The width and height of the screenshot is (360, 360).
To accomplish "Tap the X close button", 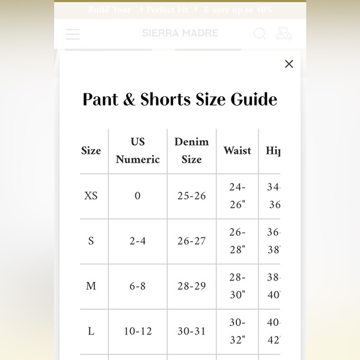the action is coord(289,64).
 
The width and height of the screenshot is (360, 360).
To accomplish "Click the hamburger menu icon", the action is coord(73,34).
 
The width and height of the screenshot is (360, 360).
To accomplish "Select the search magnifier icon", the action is coord(260,34).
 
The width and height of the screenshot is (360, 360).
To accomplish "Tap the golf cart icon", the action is coord(284,33).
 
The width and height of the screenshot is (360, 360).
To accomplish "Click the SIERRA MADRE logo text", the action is coord(180,33).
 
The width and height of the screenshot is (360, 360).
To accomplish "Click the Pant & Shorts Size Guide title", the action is coord(180,99).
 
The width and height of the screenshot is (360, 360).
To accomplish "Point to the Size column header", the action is coord(91,151).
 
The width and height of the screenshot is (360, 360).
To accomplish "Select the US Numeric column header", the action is coord(138,151).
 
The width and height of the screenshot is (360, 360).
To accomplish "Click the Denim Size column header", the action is coord(191,151).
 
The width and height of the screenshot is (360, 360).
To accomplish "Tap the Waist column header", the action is coord(237,151).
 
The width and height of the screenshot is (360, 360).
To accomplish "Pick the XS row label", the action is coord(91,196).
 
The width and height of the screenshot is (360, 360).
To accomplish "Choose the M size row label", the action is coord(91,286).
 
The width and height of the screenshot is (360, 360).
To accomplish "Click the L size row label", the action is coord(91,331).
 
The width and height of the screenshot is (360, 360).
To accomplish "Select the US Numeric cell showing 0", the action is coord(138,196).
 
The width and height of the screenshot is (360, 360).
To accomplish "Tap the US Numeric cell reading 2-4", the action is coord(138,241).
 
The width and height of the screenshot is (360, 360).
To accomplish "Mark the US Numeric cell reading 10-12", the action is coord(138,331).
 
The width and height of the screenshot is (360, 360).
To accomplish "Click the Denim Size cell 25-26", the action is coord(191,196).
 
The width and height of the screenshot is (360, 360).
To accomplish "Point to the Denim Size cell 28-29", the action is coord(191,286).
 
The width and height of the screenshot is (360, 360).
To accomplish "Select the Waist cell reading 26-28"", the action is coord(237,241).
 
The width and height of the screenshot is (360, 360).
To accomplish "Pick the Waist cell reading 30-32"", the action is coord(237,331).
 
